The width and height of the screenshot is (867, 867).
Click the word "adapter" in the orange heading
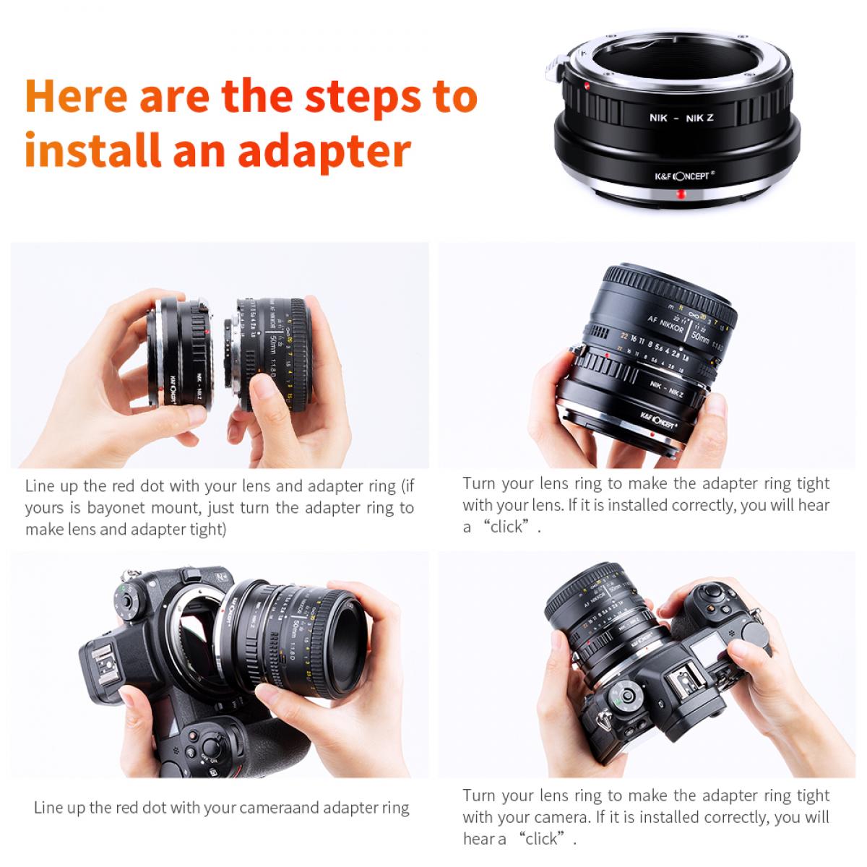point(324,152)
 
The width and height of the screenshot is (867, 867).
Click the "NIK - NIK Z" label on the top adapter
point(680,117)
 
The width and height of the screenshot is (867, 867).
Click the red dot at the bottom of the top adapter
point(680,194)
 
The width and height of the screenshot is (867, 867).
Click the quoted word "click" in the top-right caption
point(506,527)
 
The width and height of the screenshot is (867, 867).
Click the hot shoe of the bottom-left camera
point(100,659)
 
